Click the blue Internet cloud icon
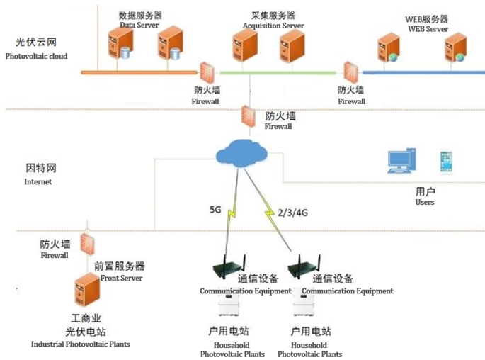point(241,153)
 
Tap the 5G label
point(216,210)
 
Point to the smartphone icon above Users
point(445,162)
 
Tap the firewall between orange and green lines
point(207,73)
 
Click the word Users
point(425,203)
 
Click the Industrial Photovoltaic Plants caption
point(81,344)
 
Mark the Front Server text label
point(119,279)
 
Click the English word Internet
point(38,182)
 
